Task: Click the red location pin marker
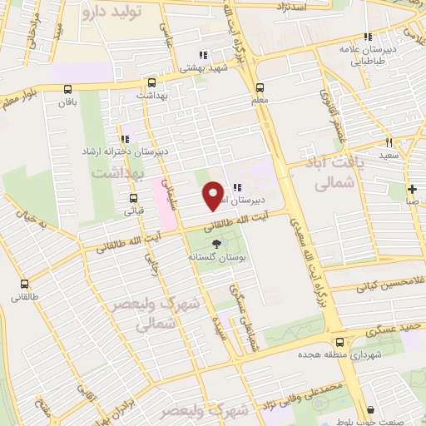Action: pos(214,195)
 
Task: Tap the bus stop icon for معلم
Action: pos(260,87)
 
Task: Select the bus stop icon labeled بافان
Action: pos(67,89)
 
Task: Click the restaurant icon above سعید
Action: pos(389,143)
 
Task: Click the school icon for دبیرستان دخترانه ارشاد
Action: pos(124,139)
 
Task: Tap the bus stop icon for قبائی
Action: pos(133,198)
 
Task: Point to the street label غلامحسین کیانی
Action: pos(390,285)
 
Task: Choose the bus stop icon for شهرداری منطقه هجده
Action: pos(339,342)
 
